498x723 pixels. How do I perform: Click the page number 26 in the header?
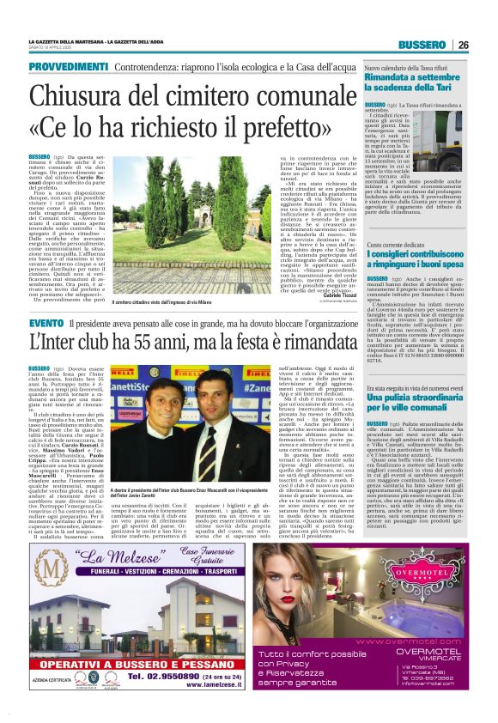click(463, 45)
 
